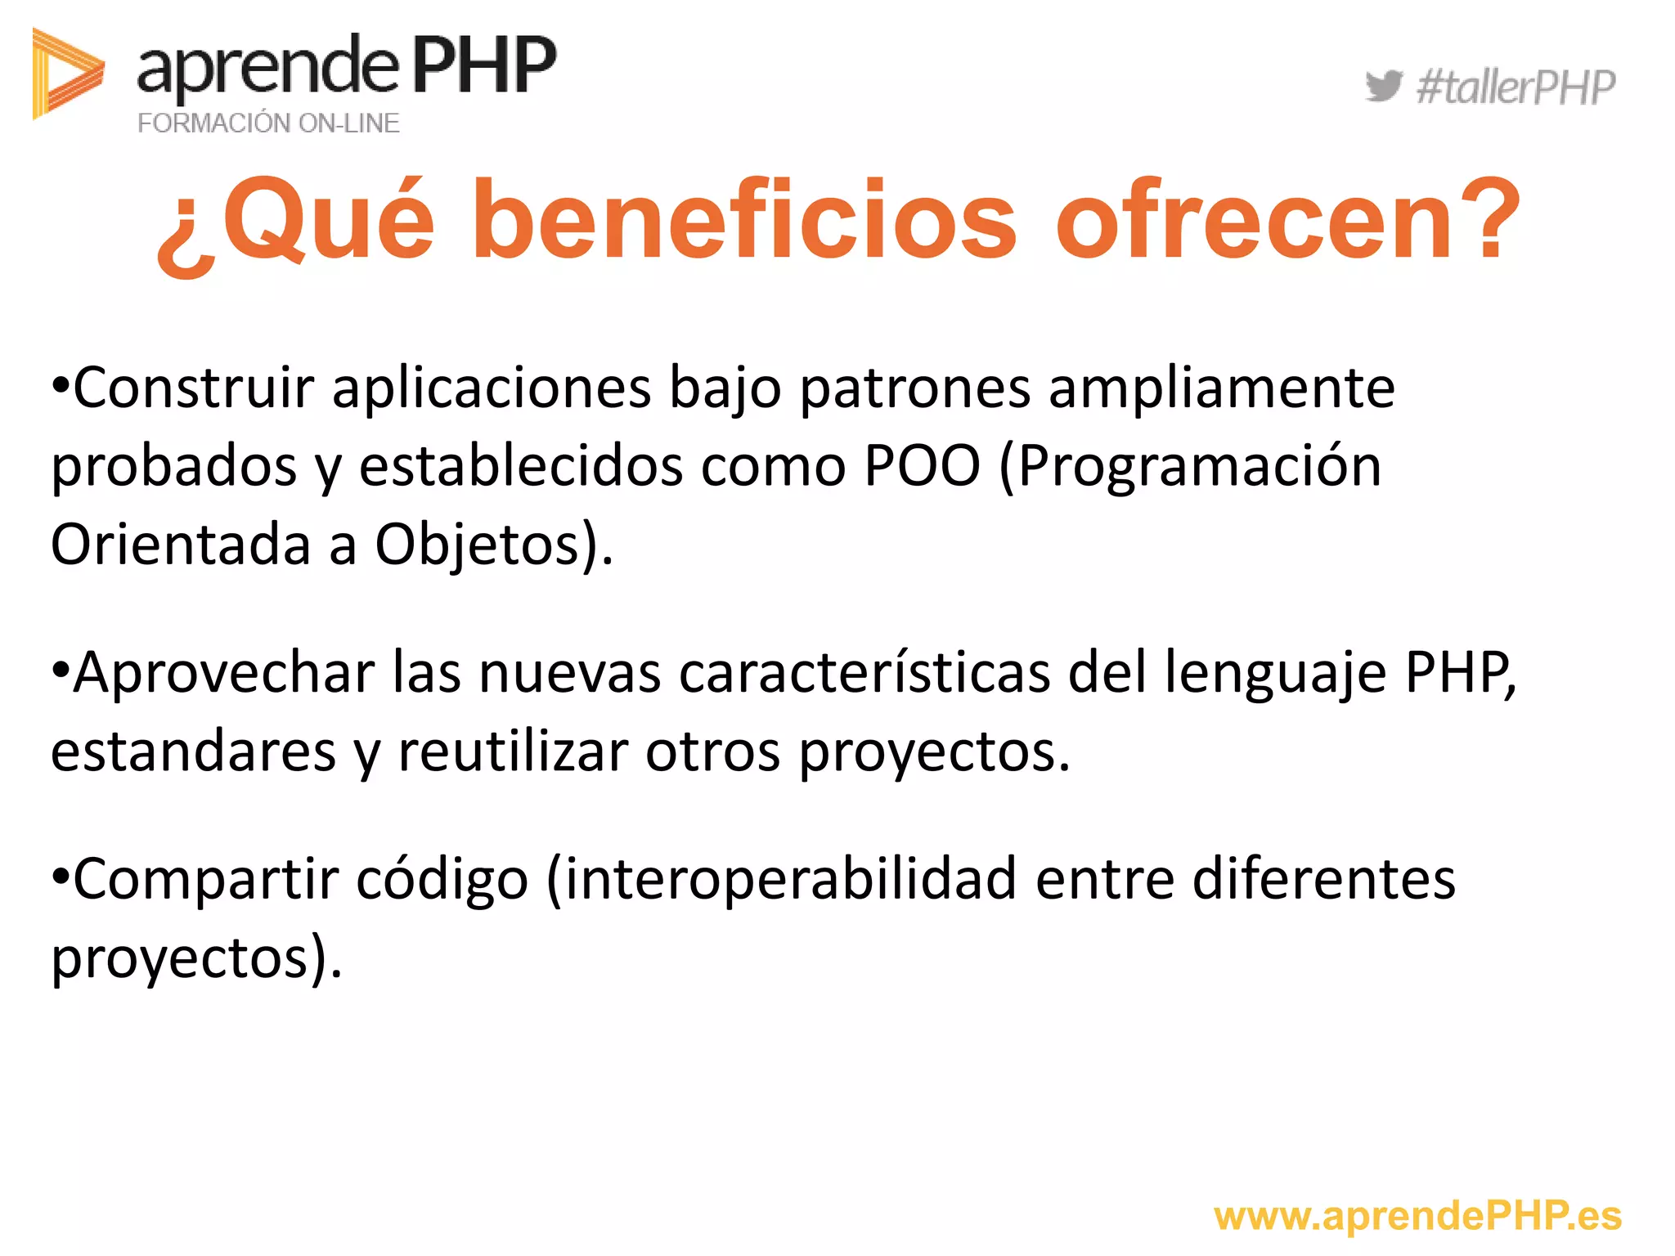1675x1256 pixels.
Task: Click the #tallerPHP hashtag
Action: point(1516,87)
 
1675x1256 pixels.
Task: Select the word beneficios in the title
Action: point(744,221)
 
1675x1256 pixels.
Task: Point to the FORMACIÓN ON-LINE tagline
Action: point(268,123)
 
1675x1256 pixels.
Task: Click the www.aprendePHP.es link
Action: point(1417,1216)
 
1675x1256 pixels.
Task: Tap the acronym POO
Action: point(922,466)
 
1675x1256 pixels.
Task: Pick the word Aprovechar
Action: point(223,672)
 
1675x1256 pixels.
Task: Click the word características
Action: point(864,672)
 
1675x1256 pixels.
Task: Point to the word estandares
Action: point(193,751)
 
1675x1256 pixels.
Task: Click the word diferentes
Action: point(1324,879)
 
